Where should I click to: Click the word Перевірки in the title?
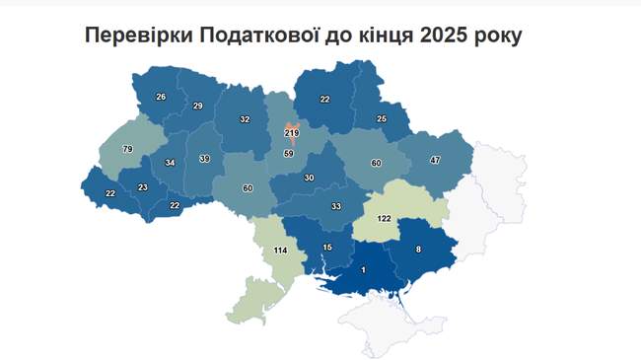pos(139,35)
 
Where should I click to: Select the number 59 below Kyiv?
pos(289,153)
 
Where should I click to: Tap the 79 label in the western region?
pos(127,149)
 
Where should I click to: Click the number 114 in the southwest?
pos(280,252)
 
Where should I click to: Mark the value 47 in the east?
pos(435,159)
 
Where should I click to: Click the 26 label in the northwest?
pos(162,97)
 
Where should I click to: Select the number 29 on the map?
pos(197,106)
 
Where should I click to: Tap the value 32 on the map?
pos(245,119)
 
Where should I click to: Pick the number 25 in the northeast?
pos(382,119)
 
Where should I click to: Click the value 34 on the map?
pos(171,163)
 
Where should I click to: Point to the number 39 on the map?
pos(204,159)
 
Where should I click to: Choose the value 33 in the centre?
pos(335,206)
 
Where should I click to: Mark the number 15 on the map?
pos(327,247)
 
